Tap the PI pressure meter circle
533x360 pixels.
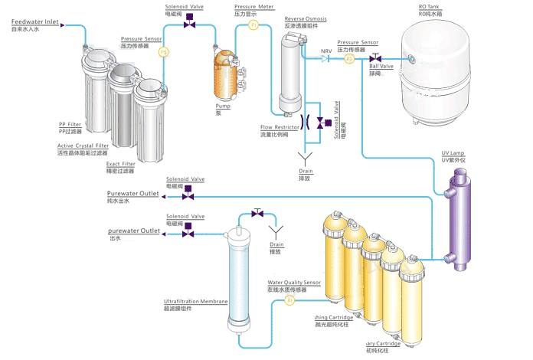coord(254,26)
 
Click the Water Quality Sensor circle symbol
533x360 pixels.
coord(289,301)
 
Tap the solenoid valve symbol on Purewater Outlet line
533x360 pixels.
coord(188,195)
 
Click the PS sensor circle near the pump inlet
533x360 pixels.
coord(163,52)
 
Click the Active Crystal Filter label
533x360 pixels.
coord(83,146)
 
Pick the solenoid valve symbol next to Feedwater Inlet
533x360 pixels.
coord(190,25)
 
